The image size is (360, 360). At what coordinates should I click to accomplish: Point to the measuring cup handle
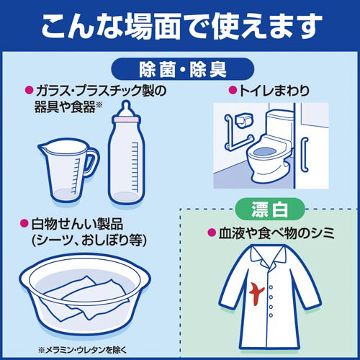(91, 162)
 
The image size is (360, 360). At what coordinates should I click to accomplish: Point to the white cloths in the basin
(79, 295)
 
